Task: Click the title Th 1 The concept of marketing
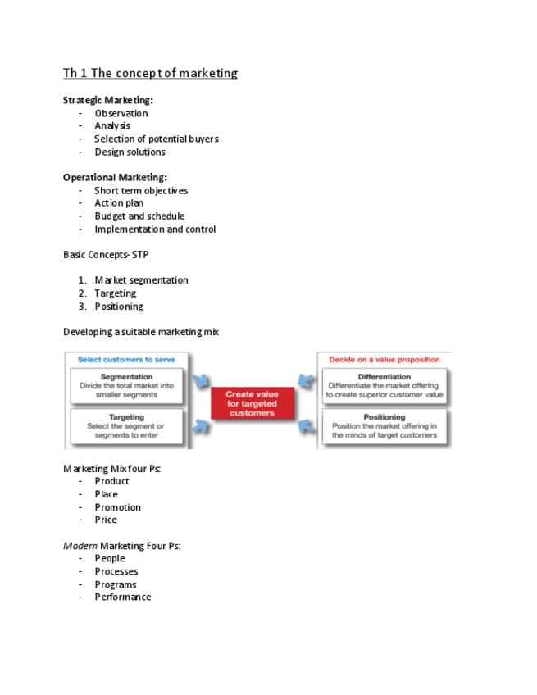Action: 150,74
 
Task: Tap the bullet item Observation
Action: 121,113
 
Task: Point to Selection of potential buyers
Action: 156,139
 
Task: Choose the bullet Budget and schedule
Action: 139,216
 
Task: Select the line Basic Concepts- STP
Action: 106,255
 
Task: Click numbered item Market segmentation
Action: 141,280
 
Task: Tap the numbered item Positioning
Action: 119,307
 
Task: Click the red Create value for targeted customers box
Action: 252,404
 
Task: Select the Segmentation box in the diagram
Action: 126,386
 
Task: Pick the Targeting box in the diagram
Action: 126,426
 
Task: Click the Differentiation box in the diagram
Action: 384,386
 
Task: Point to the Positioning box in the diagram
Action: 384,426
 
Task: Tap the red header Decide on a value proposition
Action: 384,359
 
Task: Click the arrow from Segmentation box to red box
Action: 201,381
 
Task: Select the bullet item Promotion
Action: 117,507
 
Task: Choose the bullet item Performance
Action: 123,597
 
